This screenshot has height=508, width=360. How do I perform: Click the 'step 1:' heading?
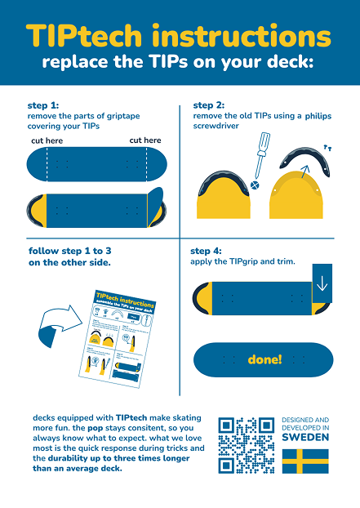(43, 105)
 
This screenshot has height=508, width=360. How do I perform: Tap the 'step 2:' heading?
(209, 105)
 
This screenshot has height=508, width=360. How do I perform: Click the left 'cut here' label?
(47, 140)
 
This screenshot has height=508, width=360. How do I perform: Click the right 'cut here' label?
(145, 140)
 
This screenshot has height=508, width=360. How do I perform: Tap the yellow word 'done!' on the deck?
(264, 359)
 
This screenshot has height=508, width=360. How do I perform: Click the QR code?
(246, 446)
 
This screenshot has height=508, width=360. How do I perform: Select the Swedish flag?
(305, 461)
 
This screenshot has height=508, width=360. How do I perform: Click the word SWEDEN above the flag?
(305, 437)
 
